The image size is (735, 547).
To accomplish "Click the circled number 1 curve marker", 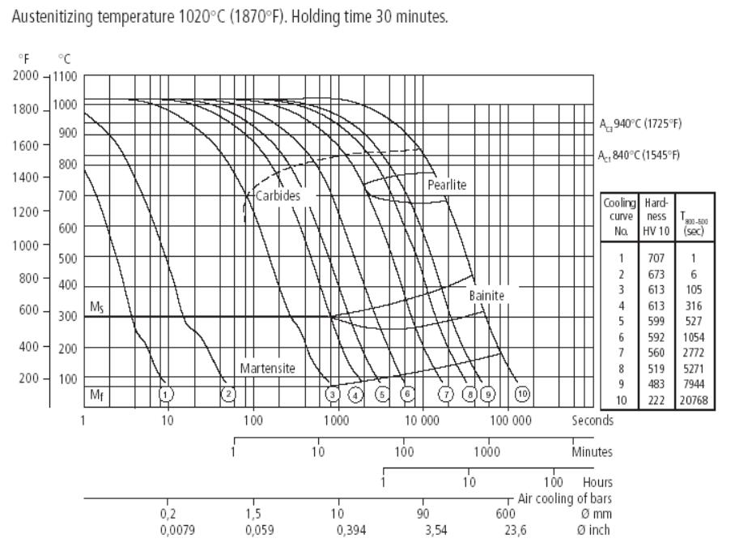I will pos(166,394).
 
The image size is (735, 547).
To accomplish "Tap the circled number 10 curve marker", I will pos(523,394).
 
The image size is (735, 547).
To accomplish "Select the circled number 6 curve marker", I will pos(408,394).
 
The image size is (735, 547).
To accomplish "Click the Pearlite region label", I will pos(447,185).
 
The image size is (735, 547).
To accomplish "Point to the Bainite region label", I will pos(486,296).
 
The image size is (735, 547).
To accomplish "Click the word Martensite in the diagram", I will pos(267,368).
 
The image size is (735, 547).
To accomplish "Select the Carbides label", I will pos(277,196).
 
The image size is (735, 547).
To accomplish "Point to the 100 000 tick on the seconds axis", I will pos(511,421).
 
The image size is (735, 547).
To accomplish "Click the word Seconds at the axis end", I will pos(593,421).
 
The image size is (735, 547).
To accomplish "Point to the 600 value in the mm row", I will pos(506,513).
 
